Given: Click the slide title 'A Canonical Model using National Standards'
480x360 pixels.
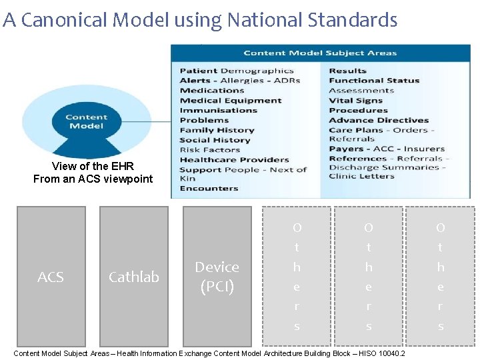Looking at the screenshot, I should click(x=200, y=20).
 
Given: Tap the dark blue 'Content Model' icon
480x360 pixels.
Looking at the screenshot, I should click(x=87, y=122).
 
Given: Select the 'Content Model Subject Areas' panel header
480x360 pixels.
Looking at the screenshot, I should click(x=320, y=53).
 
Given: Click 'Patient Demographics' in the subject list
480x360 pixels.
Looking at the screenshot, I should click(x=237, y=71).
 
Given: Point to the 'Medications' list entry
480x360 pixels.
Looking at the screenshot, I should click(x=212, y=91).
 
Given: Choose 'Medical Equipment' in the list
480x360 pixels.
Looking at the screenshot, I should click(x=231, y=101).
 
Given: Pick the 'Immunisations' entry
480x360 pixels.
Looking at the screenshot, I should click(x=218, y=111).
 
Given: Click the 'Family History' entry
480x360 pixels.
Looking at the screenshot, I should click(x=217, y=130).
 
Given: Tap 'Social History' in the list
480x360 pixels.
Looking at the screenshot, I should click(x=215, y=140).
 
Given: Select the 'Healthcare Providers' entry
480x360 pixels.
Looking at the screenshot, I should click(x=234, y=160).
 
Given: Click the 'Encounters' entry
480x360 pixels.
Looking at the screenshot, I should click(x=209, y=189).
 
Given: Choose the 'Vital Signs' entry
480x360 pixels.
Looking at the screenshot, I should click(x=355, y=101).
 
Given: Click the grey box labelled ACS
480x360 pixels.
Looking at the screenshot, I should click(x=51, y=277).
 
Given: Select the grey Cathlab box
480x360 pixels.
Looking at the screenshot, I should click(x=134, y=277).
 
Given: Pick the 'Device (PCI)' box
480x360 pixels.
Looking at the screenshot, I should click(x=217, y=277).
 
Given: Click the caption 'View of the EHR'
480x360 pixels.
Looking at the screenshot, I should click(x=93, y=166).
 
